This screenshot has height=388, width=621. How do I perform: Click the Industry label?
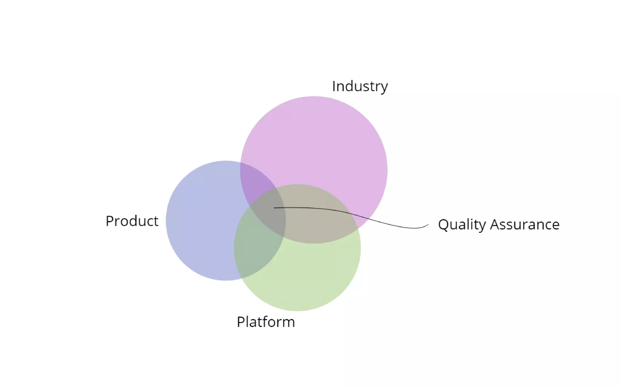click(x=360, y=86)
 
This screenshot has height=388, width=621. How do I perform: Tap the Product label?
click(x=132, y=221)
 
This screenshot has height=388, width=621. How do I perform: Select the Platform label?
click(x=266, y=322)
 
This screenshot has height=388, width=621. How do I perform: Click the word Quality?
click(x=462, y=225)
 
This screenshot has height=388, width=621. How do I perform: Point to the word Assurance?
click(x=525, y=225)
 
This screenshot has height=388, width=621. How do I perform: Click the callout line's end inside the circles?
click(x=274, y=208)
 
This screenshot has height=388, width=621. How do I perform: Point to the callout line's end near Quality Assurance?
click(x=428, y=225)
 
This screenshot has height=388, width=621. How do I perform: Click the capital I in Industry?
click(x=334, y=86)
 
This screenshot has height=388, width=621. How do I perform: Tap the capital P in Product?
click(x=109, y=221)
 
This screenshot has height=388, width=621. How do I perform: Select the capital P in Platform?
click(x=241, y=322)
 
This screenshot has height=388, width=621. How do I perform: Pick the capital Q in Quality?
click(x=444, y=225)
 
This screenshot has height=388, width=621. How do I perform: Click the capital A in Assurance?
click(x=495, y=224)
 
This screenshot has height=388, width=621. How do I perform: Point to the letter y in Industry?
click(x=384, y=88)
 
